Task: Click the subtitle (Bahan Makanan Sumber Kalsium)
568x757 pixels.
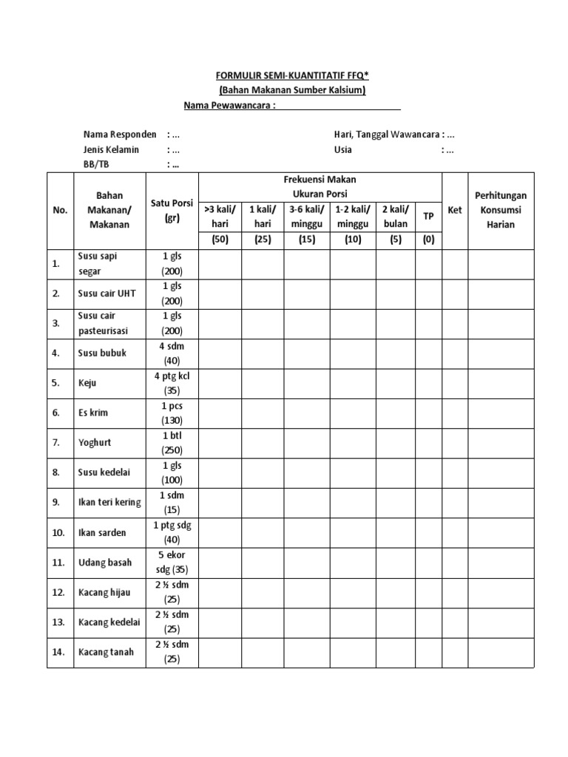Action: [293, 90]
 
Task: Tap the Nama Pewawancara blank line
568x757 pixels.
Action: [339, 106]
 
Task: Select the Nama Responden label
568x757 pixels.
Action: [120, 135]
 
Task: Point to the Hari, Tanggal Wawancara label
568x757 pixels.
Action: [388, 135]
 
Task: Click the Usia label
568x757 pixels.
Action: [343, 149]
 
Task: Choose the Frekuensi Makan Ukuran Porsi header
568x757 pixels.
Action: [319, 186]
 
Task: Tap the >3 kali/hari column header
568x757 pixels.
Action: [220, 216]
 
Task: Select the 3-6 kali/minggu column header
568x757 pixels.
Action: [306, 216]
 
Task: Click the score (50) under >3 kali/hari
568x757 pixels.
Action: [220, 240]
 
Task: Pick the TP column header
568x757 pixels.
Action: [428, 216]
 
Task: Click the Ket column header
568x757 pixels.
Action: [455, 210]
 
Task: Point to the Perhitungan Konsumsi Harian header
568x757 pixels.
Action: [500, 210]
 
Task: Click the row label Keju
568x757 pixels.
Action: [87, 384]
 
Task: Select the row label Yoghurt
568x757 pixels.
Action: [94, 443]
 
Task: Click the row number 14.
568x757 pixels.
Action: [58, 652]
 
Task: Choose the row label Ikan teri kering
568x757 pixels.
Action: [109, 503]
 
